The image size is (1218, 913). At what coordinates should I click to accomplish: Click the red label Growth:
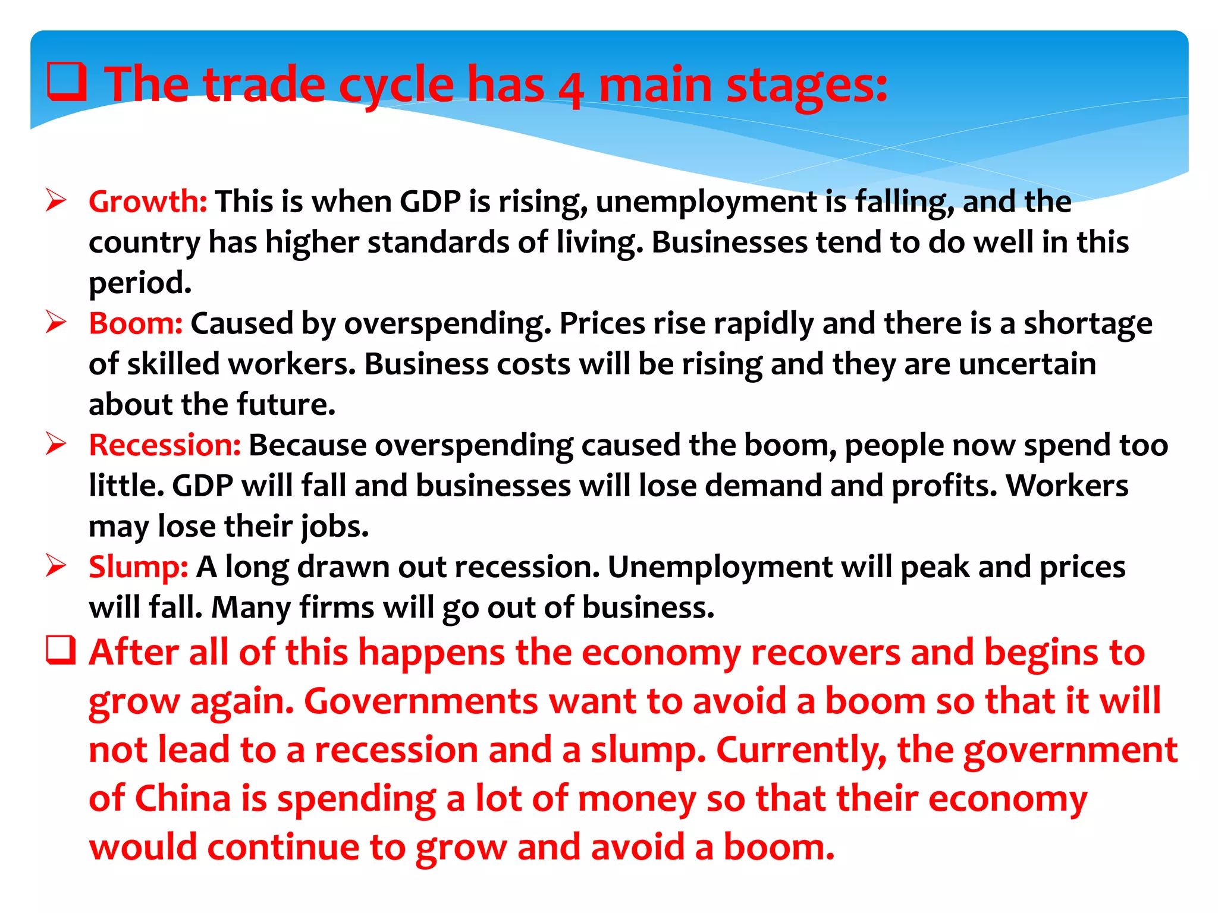coord(147,202)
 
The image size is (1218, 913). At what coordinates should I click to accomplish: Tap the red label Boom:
coord(136,324)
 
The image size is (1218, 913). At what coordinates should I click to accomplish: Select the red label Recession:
coord(165,445)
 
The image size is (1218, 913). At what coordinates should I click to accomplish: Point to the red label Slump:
coord(139,567)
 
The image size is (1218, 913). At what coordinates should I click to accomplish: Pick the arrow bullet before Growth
coord(56,201)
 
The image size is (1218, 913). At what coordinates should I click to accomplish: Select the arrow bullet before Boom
coord(56,323)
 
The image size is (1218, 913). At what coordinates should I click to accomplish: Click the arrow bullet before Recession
coord(56,445)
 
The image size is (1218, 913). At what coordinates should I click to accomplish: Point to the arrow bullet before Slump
coord(56,566)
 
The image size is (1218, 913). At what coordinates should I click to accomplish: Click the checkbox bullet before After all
coord(61,650)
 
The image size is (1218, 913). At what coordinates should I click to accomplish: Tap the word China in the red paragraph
coord(183,798)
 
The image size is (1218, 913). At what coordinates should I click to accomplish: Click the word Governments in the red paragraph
coord(421,701)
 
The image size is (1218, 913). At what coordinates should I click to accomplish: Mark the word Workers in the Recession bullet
coord(1067,486)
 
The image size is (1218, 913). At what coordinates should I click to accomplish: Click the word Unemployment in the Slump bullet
coord(720,567)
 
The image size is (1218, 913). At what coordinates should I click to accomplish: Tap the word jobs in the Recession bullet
coord(334,527)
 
